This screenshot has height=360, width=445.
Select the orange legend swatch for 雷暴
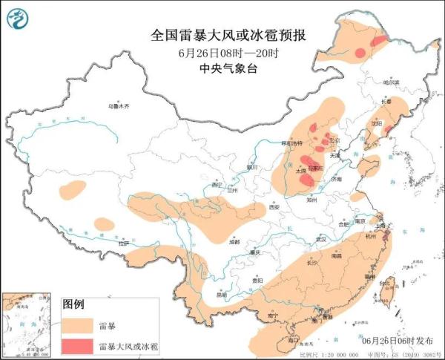click(x=76, y=325)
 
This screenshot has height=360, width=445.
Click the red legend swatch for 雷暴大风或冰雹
click(x=76, y=347)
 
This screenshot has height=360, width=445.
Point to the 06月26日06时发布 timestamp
click(x=398, y=341)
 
